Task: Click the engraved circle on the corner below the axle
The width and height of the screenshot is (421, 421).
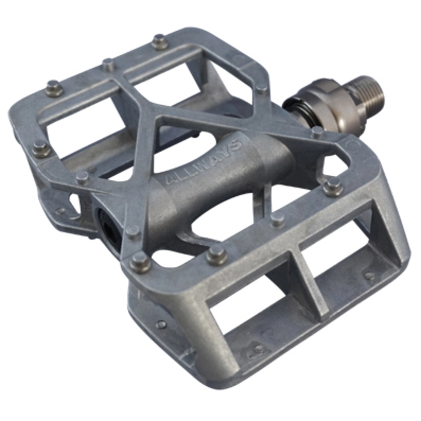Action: (x=354, y=144)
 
